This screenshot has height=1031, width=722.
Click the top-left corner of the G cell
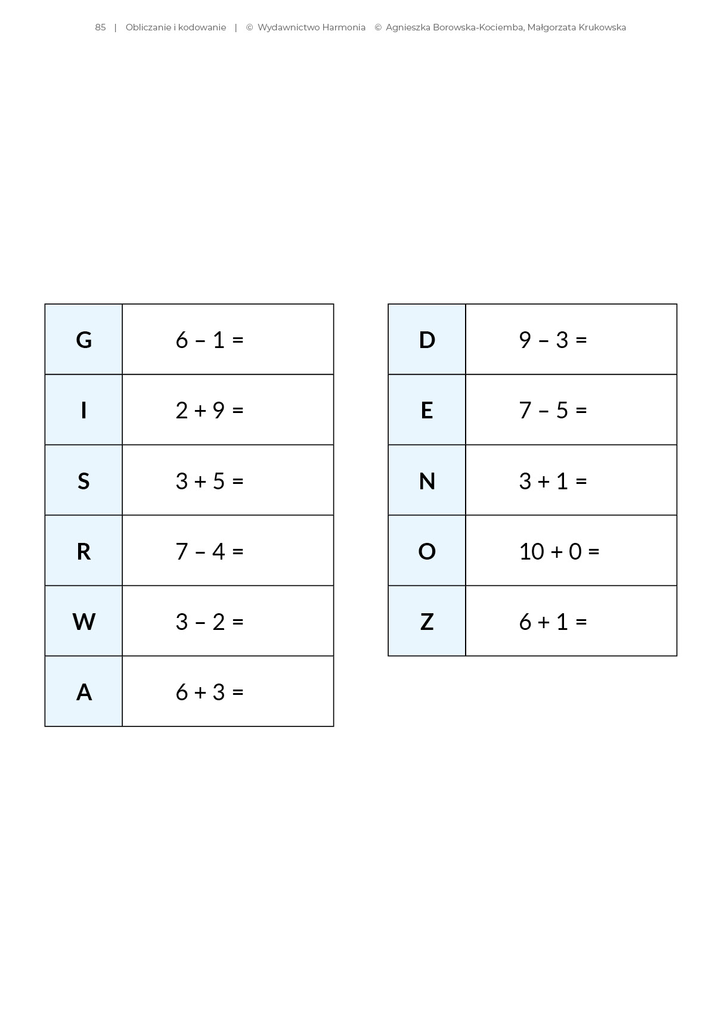(45, 305)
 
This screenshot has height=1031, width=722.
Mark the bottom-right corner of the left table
(333, 726)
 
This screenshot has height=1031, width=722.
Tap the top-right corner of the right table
(677, 305)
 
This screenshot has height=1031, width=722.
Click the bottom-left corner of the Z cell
(389, 656)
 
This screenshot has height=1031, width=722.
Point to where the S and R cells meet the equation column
(122, 515)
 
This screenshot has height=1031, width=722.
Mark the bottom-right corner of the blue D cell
(465, 374)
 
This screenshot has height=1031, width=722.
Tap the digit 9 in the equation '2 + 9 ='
(218, 410)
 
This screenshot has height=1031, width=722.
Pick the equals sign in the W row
(238, 622)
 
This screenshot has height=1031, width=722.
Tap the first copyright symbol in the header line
(250, 27)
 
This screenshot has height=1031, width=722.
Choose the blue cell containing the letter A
(84, 691)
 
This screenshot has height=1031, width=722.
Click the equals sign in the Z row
(581, 622)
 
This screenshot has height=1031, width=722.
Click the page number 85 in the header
(100, 27)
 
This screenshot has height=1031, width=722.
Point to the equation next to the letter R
(210, 551)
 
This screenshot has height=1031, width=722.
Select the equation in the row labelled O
(559, 551)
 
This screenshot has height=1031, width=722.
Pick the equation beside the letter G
(210, 340)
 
